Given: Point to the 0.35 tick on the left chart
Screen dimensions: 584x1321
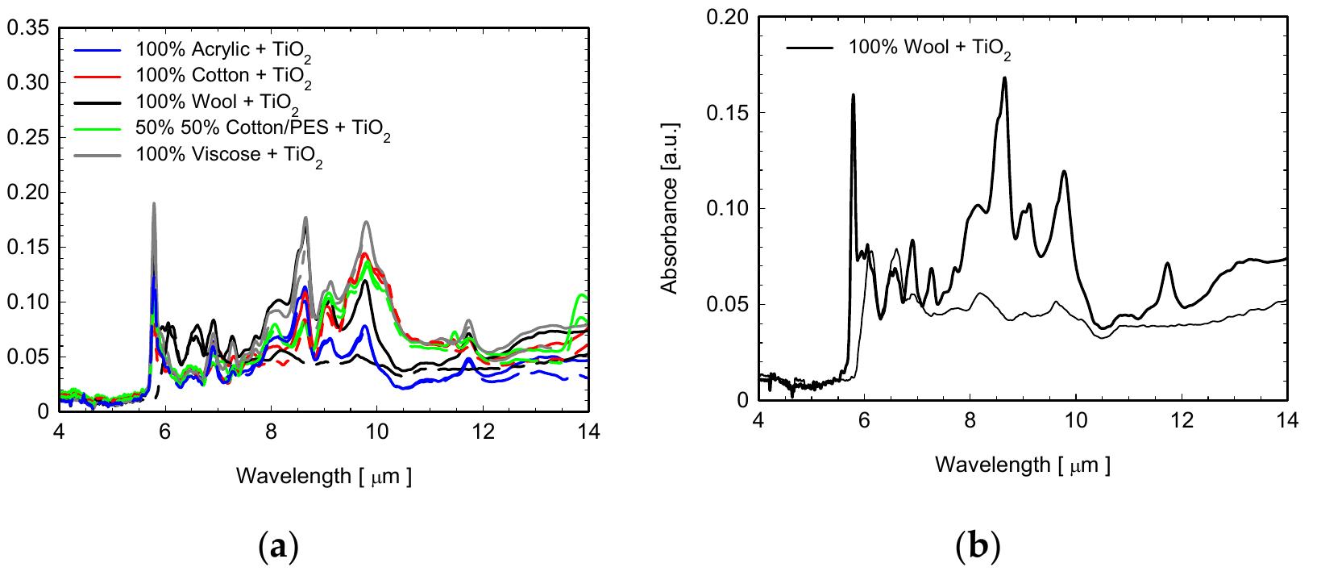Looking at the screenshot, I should [30, 29].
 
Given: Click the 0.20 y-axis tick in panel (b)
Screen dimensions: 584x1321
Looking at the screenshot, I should [729, 17].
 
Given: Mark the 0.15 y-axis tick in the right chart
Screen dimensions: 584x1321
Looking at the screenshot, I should [729, 112].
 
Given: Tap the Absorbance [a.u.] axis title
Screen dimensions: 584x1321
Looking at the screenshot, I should [670, 208].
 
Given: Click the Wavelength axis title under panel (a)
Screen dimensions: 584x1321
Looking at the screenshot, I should [324, 476].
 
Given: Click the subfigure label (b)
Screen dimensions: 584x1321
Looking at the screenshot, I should [977, 549].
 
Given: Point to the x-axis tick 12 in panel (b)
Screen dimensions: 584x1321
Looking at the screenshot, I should [1182, 420].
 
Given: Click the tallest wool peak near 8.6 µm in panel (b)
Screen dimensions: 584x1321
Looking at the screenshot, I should [1004, 78].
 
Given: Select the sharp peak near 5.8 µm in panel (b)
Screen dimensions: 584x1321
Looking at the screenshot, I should [853, 95].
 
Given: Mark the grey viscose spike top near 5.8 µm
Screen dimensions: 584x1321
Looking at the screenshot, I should [153, 204].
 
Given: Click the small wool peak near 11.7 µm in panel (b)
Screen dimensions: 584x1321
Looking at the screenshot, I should [1167, 264].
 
